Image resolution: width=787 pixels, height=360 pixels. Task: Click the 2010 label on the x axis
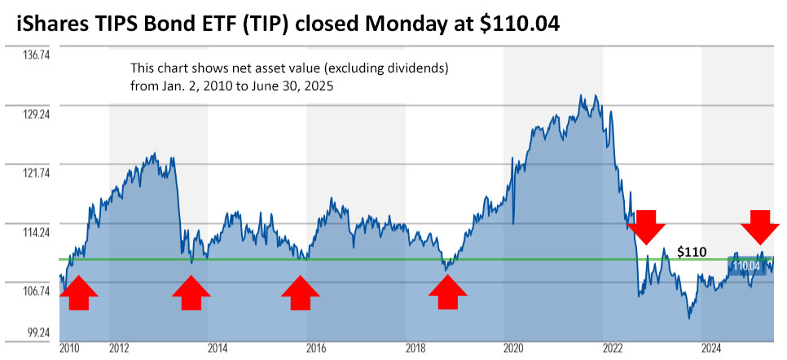click(70, 349)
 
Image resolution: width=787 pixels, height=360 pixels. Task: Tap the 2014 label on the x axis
click(217, 349)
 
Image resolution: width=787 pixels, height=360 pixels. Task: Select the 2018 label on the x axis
click(415, 349)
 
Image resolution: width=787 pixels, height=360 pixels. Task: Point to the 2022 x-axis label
click(613, 349)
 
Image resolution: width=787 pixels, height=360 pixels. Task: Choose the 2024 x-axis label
click(711, 349)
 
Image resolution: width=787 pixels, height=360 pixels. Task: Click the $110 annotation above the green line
click(692, 252)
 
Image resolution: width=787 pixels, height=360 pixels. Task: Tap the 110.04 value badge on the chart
click(746, 266)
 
